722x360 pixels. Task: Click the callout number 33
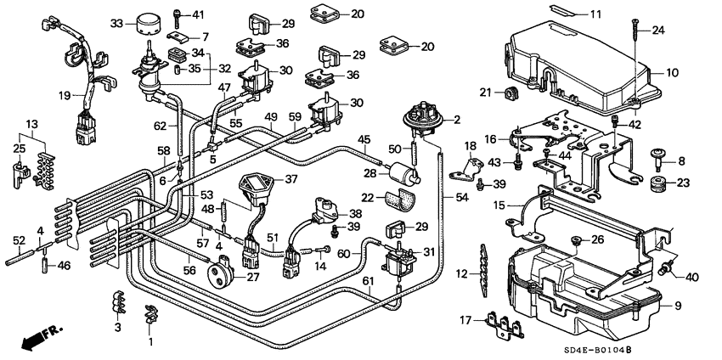117,22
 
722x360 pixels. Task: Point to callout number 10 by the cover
672,72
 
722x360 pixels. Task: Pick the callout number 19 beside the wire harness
65,95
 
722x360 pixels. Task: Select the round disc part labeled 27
223,273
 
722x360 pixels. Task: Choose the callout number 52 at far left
16,239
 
